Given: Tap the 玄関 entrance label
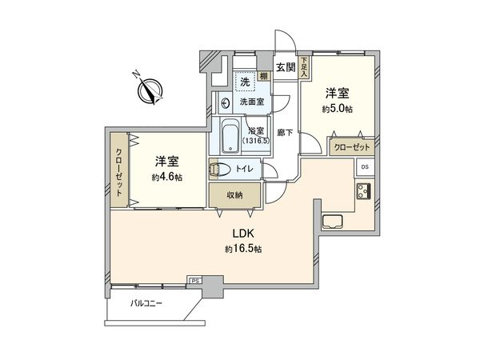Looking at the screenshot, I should click(x=285, y=66).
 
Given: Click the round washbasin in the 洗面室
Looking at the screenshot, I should click(x=225, y=102).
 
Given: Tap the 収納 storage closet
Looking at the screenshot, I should click(x=234, y=195).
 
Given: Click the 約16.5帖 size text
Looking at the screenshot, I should click(x=245, y=250).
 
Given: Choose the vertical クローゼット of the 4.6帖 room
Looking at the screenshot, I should click(x=118, y=170).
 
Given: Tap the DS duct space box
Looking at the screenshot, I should click(x=365, y=167).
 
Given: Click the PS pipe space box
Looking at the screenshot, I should click(x=194, y=281).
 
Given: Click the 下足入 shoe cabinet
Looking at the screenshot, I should click(x=304, y=68).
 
